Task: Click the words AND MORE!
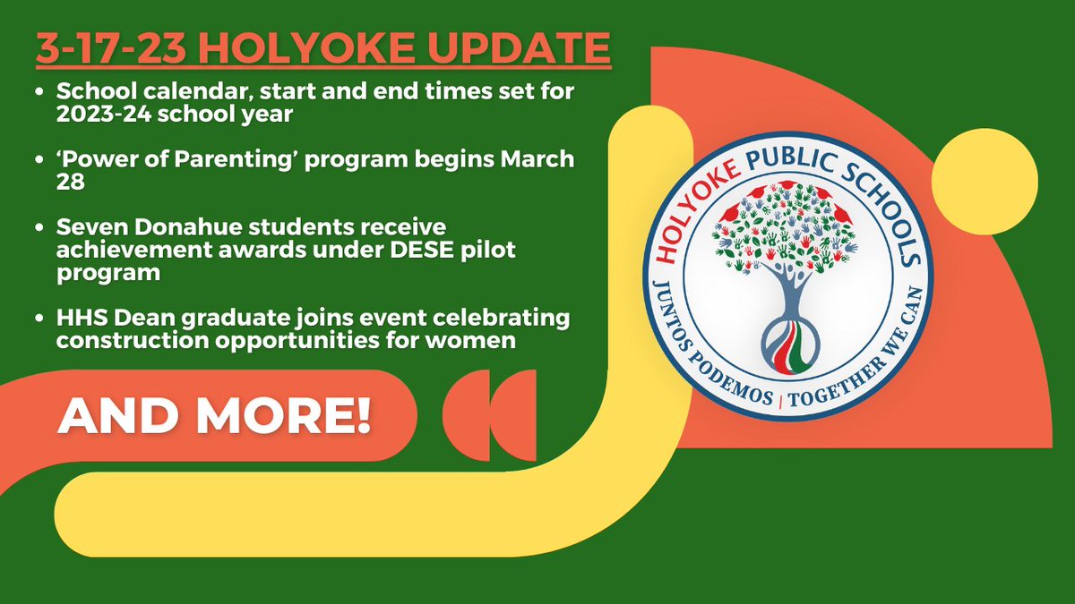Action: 214,418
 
